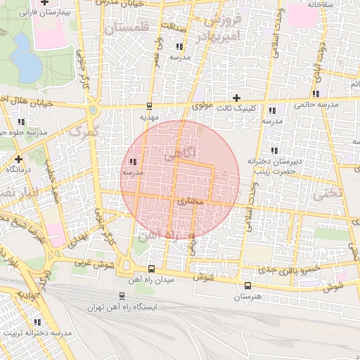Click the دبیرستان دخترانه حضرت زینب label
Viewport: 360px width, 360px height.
274,166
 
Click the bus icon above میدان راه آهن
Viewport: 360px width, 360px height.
152,269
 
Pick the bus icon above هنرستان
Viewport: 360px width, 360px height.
247,285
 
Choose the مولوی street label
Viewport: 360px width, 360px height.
202,107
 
